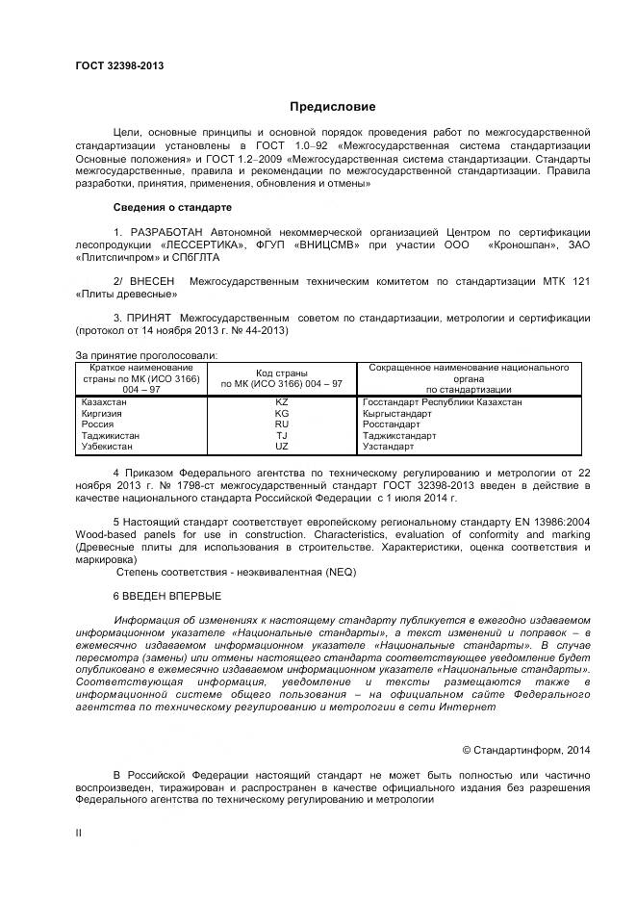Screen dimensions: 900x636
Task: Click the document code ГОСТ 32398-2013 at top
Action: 119,65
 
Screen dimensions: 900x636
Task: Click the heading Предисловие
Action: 333,107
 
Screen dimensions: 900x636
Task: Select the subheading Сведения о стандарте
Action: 171,207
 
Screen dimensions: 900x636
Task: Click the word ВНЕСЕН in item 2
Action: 154,281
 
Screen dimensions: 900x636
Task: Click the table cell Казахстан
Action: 103,402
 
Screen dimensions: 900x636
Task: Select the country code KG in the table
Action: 282,413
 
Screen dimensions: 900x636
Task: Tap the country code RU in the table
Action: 282,424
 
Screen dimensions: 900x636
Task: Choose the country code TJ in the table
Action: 282,436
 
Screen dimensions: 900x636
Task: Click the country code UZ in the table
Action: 282,448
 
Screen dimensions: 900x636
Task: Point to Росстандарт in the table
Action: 392,424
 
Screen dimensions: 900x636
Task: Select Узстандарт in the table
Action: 389,448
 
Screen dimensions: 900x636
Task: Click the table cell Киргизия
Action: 102,413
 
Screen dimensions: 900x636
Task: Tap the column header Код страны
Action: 281,373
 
